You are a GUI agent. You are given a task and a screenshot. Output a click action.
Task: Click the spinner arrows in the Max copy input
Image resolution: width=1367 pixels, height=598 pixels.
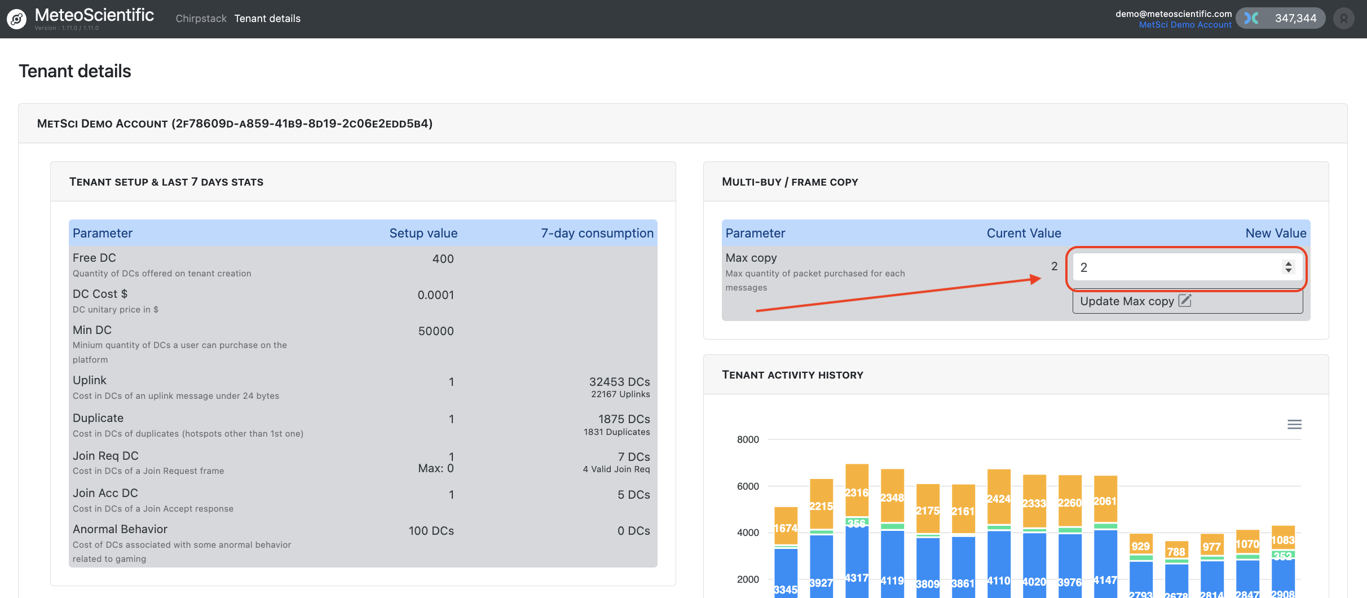pyautogui.click(x=1288, y=267)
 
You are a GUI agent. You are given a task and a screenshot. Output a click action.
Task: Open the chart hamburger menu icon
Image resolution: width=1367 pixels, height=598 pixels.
pyautogui.click(x=1294, y=424)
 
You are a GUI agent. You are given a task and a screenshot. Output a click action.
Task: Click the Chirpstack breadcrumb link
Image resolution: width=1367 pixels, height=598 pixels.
pyautogui.click(x=201, y=19)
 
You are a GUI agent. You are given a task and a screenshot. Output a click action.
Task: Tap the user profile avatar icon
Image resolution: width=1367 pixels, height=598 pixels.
pyautogui.click(x=1344, y=19)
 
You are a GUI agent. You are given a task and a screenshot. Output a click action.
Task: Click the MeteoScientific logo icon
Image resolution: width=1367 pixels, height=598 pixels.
pyautogui.click(x=17, y=19)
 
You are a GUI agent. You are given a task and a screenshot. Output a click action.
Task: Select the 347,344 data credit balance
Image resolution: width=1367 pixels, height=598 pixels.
pyautogui.click(x=1295, y=19)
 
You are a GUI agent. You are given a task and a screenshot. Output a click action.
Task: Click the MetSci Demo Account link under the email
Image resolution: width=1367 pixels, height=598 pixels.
pyautogui.click(x=1185, y=25)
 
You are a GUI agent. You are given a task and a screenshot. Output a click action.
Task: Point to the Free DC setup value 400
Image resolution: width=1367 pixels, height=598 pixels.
pyautogui.click(x=443, y=259)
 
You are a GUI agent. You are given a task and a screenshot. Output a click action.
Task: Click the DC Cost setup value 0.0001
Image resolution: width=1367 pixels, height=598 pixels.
pyautogui.click(x=435, y=295)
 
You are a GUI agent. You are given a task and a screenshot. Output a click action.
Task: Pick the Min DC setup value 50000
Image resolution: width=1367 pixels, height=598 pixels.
pyautogui.click(x=435, y=331)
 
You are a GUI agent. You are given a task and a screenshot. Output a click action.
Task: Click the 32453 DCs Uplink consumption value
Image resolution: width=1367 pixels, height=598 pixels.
pyautogui.click(x=619, y=382)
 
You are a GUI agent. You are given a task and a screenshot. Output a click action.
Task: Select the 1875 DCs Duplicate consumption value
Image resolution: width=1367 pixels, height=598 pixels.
pyautogui.click(x=624, y=419)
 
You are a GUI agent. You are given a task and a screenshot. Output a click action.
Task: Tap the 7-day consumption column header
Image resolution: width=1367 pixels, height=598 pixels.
pyautogui.click(x=597, y=233)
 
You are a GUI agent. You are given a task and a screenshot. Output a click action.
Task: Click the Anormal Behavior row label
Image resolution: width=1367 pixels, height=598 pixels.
pyautogui.click(x=120, y=529)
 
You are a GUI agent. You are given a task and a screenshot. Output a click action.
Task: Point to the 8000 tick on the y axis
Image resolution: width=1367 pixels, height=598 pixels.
pyautogui.click(x=748, y=439)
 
